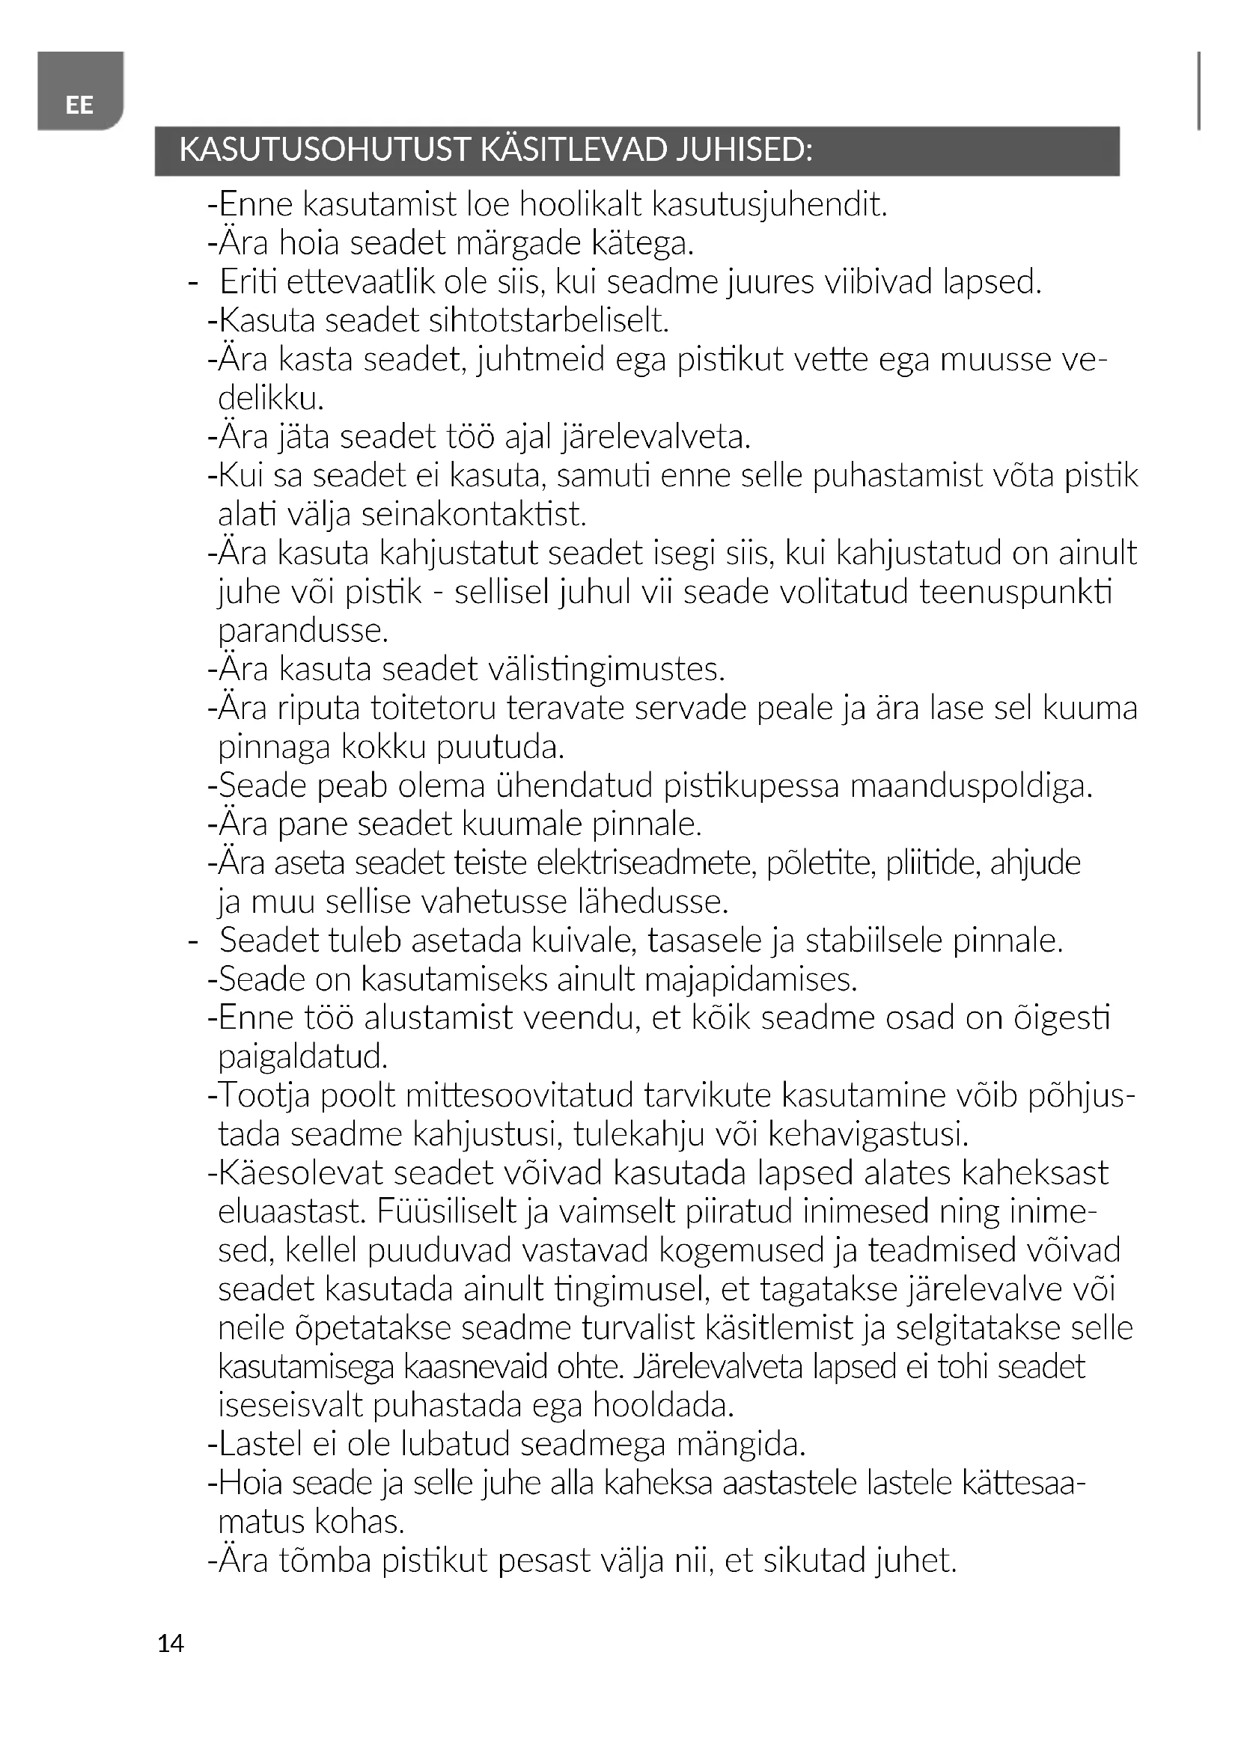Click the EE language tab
(x=79, y=105)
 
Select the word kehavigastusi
(x=868, y=1135)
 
